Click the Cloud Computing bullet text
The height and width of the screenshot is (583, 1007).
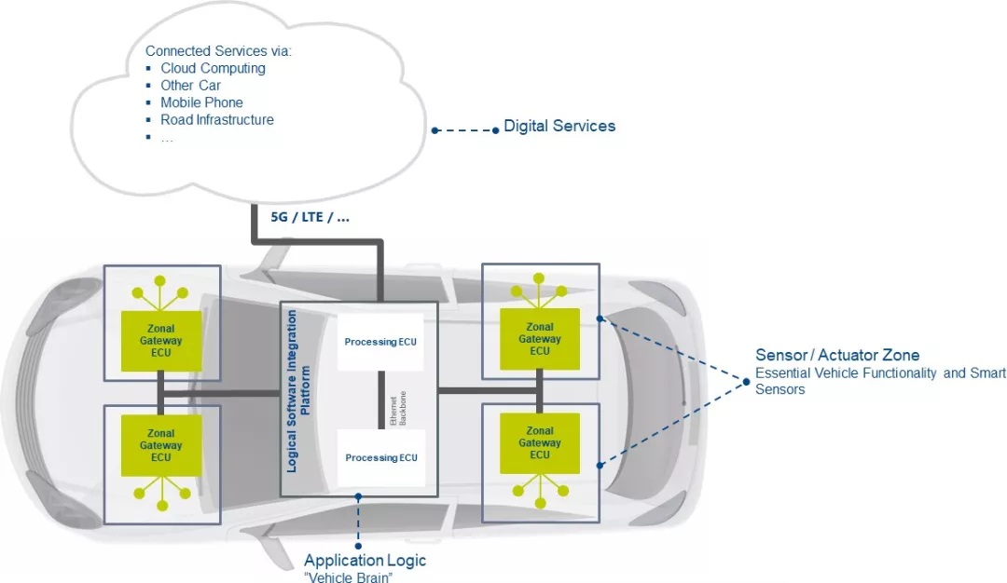tap(213, 68)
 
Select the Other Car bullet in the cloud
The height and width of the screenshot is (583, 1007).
tap(191, 86)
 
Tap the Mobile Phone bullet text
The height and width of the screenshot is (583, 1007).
tap(201, 102)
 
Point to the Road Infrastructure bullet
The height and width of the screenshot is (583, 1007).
tap(217, 120)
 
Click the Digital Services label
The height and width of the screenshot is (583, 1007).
tap(559, 126)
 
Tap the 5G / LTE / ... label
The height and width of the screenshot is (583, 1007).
tap(310, 217)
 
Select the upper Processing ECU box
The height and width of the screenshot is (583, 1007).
tap(380, 342)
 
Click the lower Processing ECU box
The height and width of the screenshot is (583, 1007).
tap(380, 457)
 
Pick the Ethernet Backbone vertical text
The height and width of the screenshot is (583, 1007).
tap(398, 409)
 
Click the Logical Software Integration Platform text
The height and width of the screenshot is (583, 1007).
tap(298, 391)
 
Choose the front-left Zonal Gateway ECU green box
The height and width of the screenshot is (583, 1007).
tap(161, 341)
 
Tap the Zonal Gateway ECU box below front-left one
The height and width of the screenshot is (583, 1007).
tap(161, 445)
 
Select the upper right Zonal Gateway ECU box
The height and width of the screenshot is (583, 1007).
tap(540, 339)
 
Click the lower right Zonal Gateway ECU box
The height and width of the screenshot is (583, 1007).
tap(540, 443)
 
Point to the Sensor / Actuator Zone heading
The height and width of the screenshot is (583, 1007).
tap(837, 355)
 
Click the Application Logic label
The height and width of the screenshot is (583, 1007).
tap(365, 561)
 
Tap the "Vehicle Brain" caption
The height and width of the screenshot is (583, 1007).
tap(348, 576)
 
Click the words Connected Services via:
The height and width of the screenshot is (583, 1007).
tap(218, 50)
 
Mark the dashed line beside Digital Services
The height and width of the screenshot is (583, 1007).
tap(465, 130)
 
